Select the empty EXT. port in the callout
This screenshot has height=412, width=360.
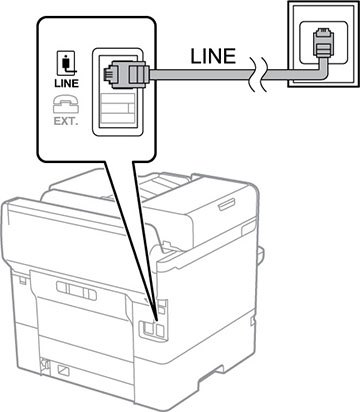tap(114, 115)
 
